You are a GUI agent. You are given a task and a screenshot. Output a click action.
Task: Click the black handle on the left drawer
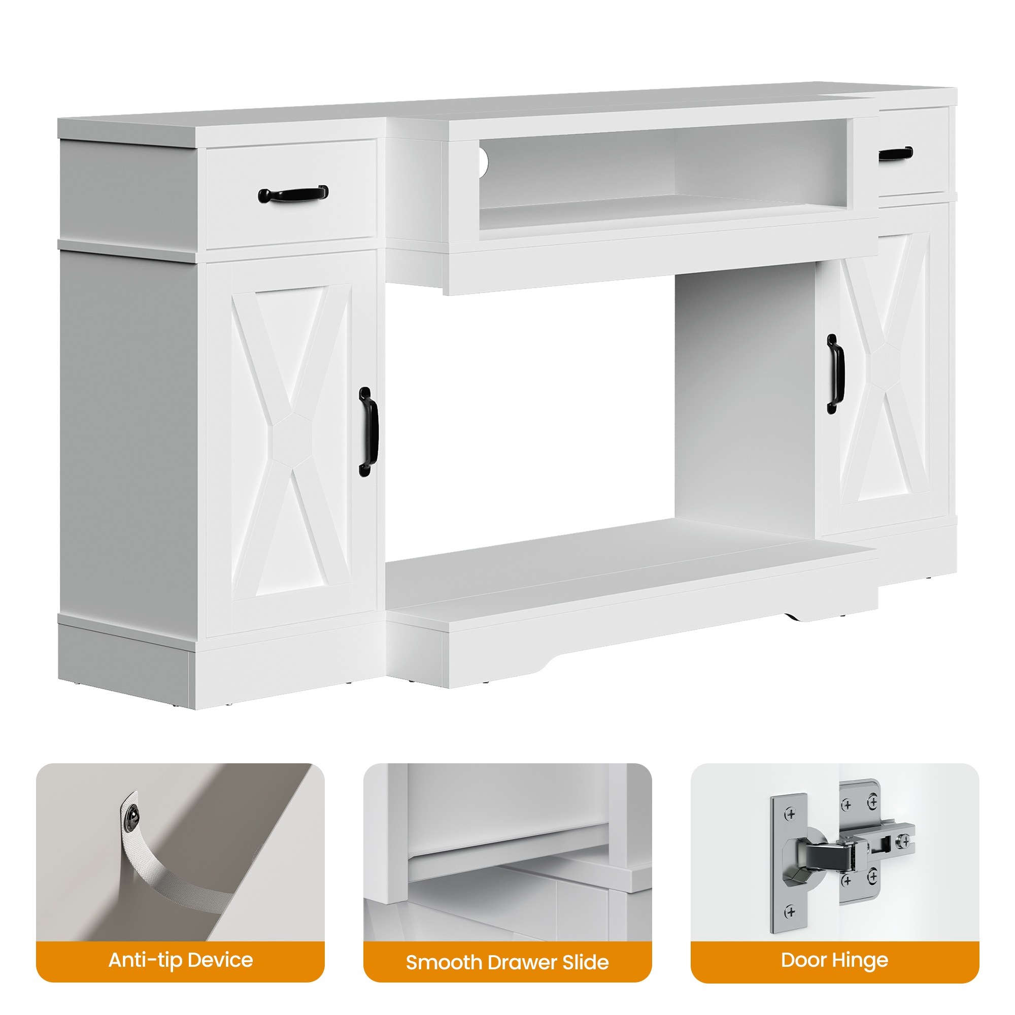tap(293, 194)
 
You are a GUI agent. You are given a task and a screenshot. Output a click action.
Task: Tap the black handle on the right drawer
tap(896, 154)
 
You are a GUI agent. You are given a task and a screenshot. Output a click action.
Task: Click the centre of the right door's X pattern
tap(886, 367)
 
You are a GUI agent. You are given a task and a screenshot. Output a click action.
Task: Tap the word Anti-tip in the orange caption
tap(145, 960)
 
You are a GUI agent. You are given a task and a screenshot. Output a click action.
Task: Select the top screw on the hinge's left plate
tap(790, 815)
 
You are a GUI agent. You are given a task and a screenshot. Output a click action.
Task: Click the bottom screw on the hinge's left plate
tap(790, 911)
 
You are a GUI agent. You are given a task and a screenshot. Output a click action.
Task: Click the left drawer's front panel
tap(292, 194)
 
